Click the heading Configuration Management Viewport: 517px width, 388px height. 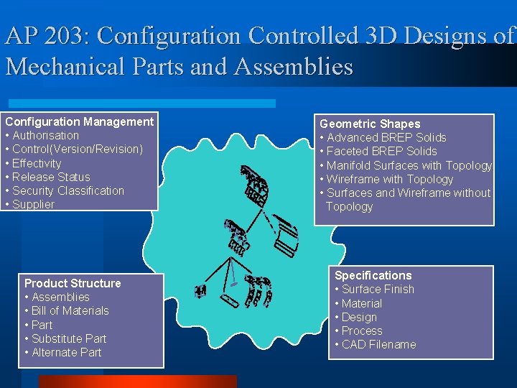pos(79,121)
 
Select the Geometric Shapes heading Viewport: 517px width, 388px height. pos(370,124)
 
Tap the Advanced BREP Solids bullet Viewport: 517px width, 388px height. pos(386,137)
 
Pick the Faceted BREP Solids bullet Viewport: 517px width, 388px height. pos(381,151)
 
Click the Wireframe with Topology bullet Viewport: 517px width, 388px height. pos(390,179)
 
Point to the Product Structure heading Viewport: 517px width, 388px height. pos(73,283)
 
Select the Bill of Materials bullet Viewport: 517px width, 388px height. pos(70,310)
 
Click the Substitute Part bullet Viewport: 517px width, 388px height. pos(68,338)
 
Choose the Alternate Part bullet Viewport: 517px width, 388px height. pos(66,352)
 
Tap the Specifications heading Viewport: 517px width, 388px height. pos(373,275)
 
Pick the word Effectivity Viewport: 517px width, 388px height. pos(37,163)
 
